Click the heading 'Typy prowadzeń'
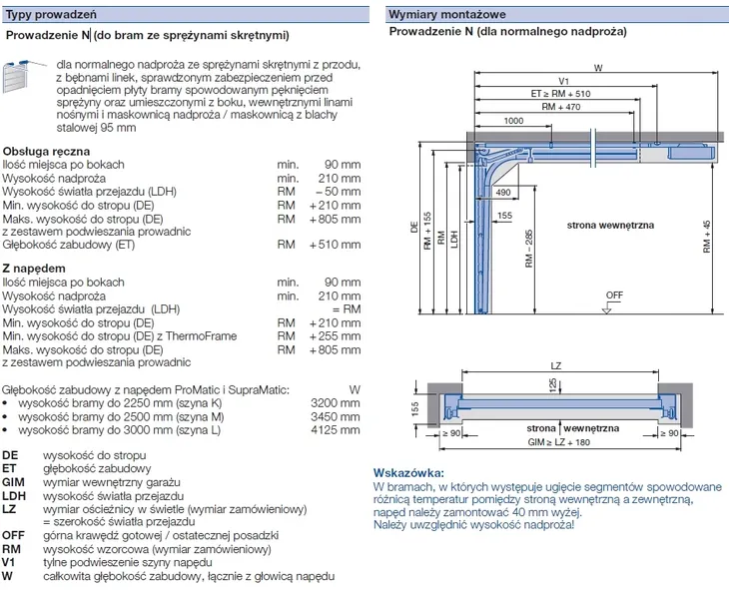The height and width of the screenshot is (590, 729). pyautogui.click(x=43, y=14)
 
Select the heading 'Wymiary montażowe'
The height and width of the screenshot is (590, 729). pyautogui.click(x=446, y=14)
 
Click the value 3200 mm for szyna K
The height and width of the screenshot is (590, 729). pyautogui.click(x=336, y=403)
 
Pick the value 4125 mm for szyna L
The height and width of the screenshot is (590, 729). pyautogui.click(x=336, y=431)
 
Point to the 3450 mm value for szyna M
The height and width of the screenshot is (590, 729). pyautogui.click(x=336, y=417)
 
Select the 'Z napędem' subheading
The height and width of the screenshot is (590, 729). pyautogui.click(x=35, y=269)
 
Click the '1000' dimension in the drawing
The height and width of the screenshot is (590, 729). pyautogui.click(x=513, y=121)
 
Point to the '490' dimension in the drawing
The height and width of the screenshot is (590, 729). pyautogui.click(x=502, y=192)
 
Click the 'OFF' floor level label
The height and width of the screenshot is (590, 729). pyautogui.click(x=613, y=295)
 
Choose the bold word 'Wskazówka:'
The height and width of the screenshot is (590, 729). pyautogui.click(x=407, y=471)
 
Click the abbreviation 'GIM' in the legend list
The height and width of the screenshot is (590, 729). pyautogui.click(x=13, y=481)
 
